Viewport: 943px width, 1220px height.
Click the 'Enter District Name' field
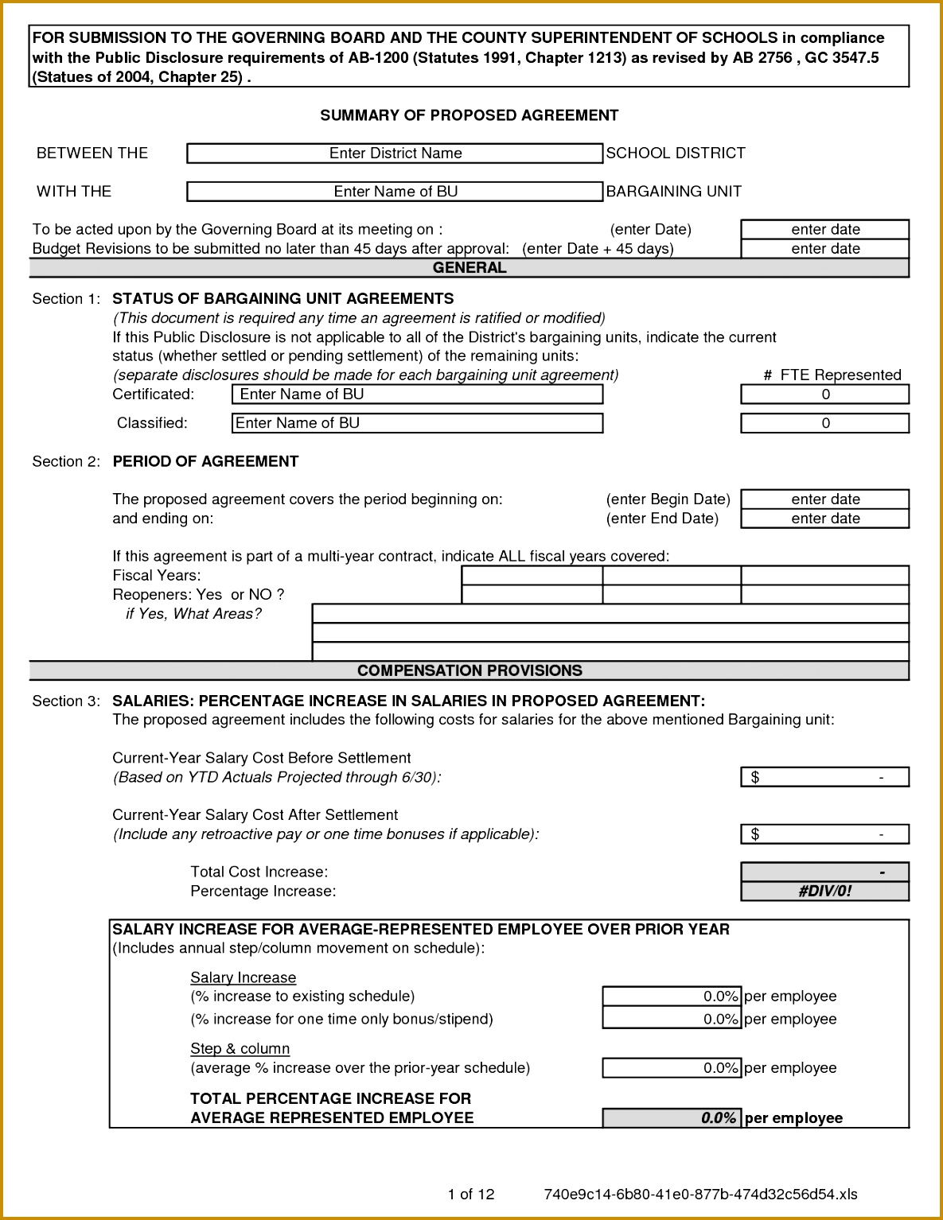click(x=395, y=153)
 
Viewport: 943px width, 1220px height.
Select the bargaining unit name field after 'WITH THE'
click(x=395, y=192)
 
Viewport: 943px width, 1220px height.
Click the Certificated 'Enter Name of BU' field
click(x=417, y=394)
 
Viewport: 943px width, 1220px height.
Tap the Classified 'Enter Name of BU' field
click(x=417, y=423)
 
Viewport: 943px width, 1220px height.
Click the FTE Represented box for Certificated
click(x=824, y=394)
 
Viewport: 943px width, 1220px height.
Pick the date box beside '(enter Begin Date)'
click(x=824, y=499)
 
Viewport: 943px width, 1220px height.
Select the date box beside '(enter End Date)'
click(x=824, y=519)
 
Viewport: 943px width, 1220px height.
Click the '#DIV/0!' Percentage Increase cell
click(x=824, y=892)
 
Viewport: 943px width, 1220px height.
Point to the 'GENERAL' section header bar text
click(x=470, y=268)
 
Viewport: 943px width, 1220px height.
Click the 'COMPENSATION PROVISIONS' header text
click(x=470, y=670)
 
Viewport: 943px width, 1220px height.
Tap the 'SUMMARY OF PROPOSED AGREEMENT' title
click(x=470, y=115)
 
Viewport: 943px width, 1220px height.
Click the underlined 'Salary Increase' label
click(x=243, y=977)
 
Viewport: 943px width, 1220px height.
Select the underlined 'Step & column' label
click(x=240, y=1048)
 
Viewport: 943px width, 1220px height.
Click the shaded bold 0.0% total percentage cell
click(x=672, y=1118)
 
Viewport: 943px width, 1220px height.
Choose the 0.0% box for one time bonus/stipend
click(x=672, y=1019)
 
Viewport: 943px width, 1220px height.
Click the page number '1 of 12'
click(x=471, y=1194)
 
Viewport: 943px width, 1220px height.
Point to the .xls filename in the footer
click(x=700, y=1194)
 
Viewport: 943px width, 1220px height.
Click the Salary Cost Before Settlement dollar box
click(x=824, y=777)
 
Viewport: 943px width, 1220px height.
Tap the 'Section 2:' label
click(x=66, y=461)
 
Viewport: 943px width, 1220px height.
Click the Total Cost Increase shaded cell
click(x=824, y=872)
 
